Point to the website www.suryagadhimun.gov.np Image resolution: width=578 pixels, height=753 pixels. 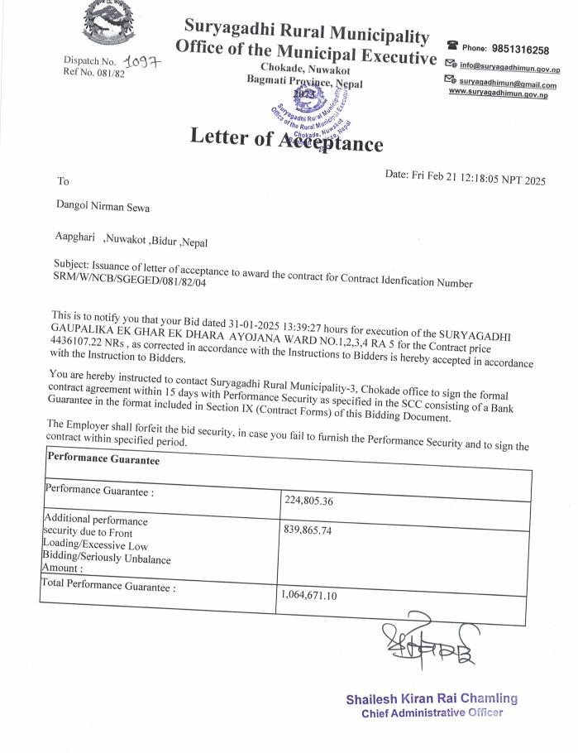498,94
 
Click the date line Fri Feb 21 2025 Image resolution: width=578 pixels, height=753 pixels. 466,176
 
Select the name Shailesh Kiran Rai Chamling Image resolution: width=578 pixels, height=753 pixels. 432,698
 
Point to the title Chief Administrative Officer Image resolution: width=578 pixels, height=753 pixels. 432,713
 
